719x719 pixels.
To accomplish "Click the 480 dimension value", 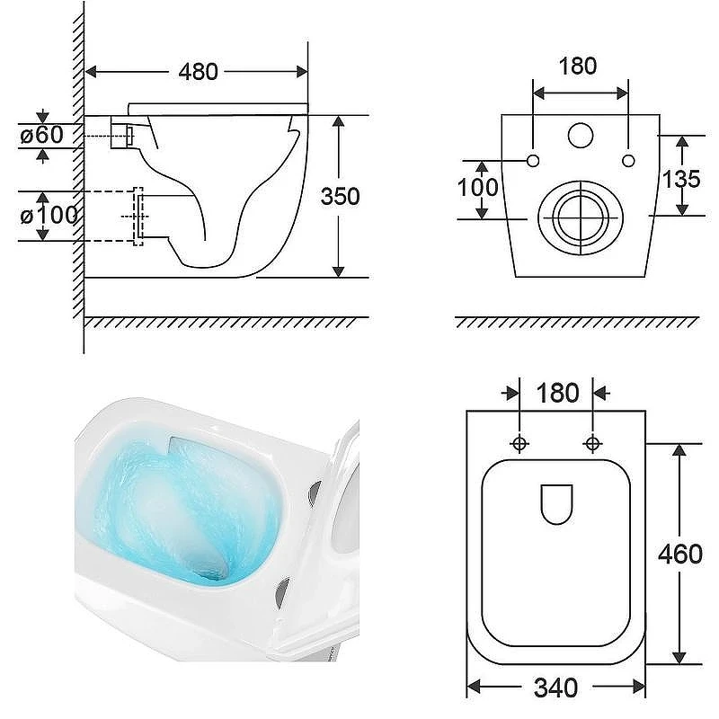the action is tap(198, 72).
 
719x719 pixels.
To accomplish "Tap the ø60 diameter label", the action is tap(41, 135).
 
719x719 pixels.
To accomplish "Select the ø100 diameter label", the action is tap(49, 215).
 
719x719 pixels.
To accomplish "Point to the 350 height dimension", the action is tap(340, 197).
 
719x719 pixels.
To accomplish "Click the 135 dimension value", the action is tap(681, 179).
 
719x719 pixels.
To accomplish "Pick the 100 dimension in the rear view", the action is tap(478, 187).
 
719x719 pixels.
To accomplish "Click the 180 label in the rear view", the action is tap(578, 66).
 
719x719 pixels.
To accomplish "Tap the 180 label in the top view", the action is tap(557, 393).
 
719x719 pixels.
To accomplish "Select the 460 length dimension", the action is tap(680, 554).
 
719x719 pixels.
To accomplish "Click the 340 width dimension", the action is tap(556, 688).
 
